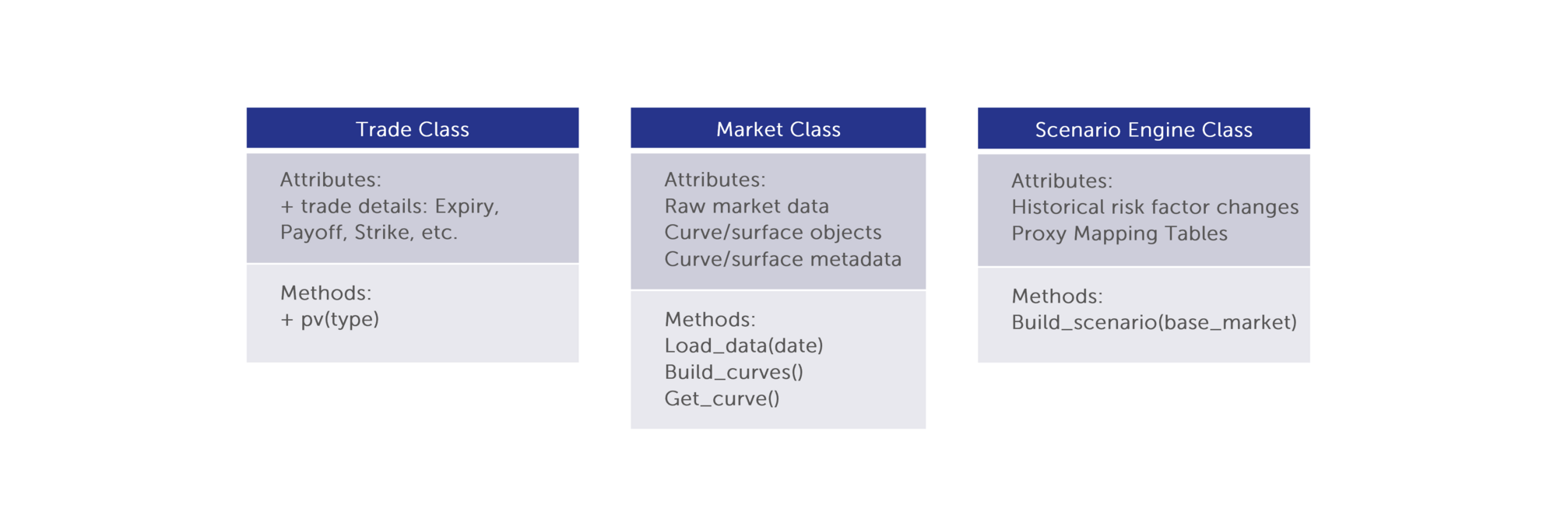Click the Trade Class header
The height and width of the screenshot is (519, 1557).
pyautogui.click(x=413, y=128)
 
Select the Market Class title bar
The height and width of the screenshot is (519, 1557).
pyautogui.click(x=778, y=128)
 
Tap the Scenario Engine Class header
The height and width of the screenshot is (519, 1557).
pyautogui.click(x=1144, y=128)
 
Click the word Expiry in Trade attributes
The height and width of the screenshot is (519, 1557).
pyautogui.click(x=466, y=207)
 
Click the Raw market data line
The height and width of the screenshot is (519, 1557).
pyautogui.click(x=747, y=206)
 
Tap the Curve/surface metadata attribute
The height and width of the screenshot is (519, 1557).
pyautogui.click(x=783, y=259)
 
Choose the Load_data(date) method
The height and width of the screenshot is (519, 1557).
pyautogui.click(x=743, y=346)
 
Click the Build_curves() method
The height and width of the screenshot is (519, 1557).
pyautogui.click(x=733, y=373)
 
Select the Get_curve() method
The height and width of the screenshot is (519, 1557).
pyautogui.click(x=722, y=399)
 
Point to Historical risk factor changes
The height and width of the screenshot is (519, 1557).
pyautogui.click(x=1155, y=207)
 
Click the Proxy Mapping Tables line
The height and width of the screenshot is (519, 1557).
pyautogui.click(x=1119, y=234)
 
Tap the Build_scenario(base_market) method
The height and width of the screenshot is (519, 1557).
pyautogui.click(x=1155, y=323)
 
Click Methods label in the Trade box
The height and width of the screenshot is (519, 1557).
pyautogui.click(x=326, y=293)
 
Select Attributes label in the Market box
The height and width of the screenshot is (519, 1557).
pyautogui.click(x=715, y=180)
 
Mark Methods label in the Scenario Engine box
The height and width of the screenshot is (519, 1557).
pyautogui.click(x=1057, y=296)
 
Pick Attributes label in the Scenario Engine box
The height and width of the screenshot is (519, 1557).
pyautogui.click(x=1062, y=181)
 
